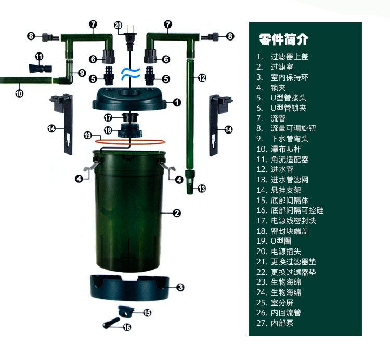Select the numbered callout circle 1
(177, 102)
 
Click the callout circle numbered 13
(202, 189)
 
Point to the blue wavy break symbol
(131, 74)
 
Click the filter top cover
(129, 99)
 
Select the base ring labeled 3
(129, 288)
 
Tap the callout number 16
(127, 327)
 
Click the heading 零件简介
(283, 39)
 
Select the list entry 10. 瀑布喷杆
(279, 149)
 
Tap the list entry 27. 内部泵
(275, 323)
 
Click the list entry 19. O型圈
(274, 241)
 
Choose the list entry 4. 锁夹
(271, 87)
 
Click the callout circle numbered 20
(118, 25)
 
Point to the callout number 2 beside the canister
(177, 213)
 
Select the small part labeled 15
(126, 311)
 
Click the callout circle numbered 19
(87, 136)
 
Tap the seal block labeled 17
(131, 117)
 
